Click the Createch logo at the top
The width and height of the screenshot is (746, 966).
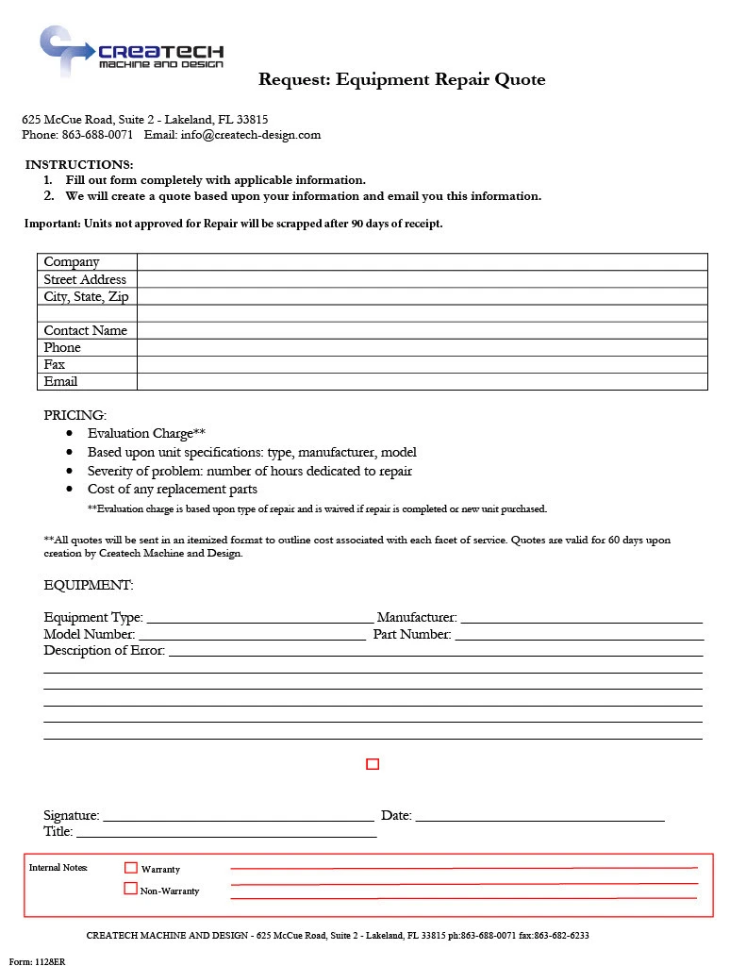point(131,51)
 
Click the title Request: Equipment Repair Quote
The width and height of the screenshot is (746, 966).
point(402,79)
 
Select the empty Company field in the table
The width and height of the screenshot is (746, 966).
point(422,262)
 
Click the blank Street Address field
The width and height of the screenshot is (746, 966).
point(422,279)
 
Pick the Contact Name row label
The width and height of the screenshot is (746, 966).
point(86,330)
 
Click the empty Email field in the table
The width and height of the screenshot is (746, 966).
point(422,381)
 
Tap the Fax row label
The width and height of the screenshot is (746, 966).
point(55,364)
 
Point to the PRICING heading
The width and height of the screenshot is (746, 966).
point(75,415)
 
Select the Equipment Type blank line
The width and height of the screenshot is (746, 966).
point(260,619)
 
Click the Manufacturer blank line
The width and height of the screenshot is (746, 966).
point(581,619)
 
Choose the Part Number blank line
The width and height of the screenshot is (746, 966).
point(578,636)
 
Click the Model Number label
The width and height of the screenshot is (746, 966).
point(90,635)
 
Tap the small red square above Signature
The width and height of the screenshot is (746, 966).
point(373,764)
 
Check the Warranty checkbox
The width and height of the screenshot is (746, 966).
point(131,867)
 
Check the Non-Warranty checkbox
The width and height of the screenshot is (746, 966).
point(131,889)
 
